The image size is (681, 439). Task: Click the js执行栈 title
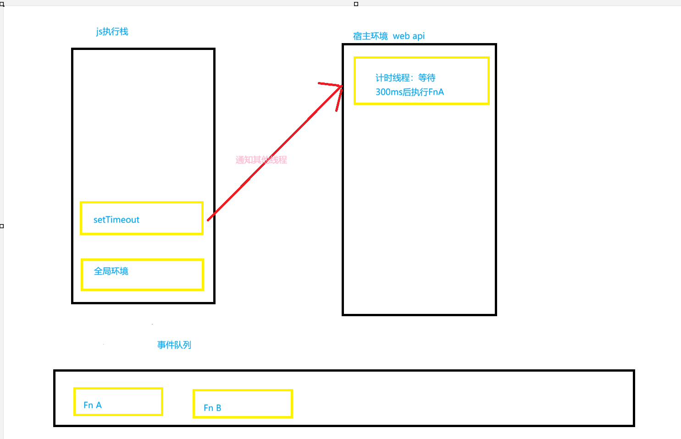coord(112,32)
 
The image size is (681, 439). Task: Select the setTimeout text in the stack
coord(116,219)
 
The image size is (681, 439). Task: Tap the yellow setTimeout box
coord(142,203)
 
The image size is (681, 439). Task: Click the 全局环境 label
coord(111,271)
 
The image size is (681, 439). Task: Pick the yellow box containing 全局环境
coord(142,260)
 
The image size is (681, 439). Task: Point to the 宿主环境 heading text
coord(370,36)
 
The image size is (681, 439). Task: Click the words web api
coord(409,36)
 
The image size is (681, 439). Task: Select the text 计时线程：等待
coord(405,78)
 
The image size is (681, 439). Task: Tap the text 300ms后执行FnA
coord(410,92)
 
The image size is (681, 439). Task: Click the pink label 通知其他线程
coord(261,160)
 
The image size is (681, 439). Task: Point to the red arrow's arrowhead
coord(342,87)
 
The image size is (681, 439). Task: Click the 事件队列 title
coord(174,345)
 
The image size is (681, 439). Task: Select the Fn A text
coord(93,405)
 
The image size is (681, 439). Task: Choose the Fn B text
coord(212,408)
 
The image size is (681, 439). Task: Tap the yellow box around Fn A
coord(118,388)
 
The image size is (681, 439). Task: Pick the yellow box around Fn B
coord(243,390)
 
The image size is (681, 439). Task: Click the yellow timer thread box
coord(421,58)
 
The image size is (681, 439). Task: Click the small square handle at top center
coord(356,4)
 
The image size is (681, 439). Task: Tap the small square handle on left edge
coord(2,226)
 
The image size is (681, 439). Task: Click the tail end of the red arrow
coord(208,220)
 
